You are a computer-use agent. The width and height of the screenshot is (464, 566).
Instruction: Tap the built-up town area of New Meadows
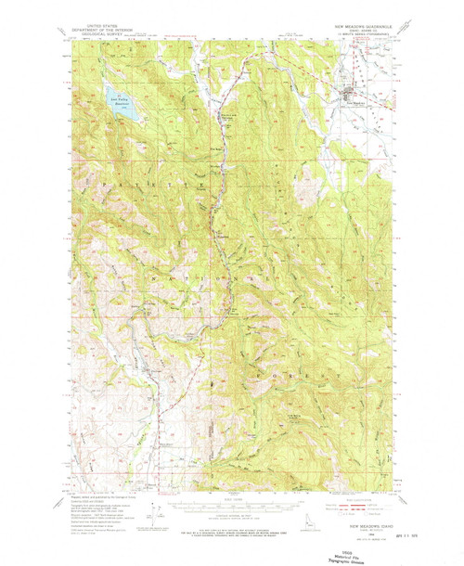354,93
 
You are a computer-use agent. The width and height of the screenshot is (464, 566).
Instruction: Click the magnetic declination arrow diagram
162,508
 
